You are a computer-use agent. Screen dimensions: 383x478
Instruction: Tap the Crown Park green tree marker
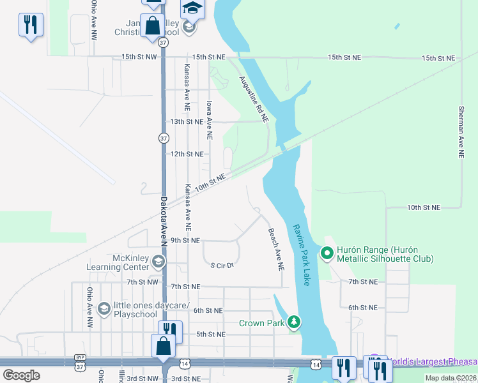click(x=293, y=322)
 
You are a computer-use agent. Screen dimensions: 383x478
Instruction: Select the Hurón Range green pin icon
click(x=327, y=254)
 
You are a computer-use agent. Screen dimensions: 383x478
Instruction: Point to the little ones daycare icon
click(x=103, y=310)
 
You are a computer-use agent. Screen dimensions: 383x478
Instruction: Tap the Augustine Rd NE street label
click(x=254, y=99)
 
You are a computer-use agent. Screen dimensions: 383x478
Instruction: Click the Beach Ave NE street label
click(x=275, y=250)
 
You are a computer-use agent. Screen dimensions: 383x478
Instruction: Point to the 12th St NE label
click(x=187, y=154)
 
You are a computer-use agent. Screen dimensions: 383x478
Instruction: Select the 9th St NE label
click(x=185, y=241)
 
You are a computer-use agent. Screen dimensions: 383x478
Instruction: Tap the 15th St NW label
click(x=139, y=57)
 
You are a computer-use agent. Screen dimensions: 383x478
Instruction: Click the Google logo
click(x=21, y=375)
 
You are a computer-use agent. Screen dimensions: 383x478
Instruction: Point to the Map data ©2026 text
click(x=451, y=378)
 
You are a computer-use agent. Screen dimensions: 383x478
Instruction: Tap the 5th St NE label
click(x=210, y=334)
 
